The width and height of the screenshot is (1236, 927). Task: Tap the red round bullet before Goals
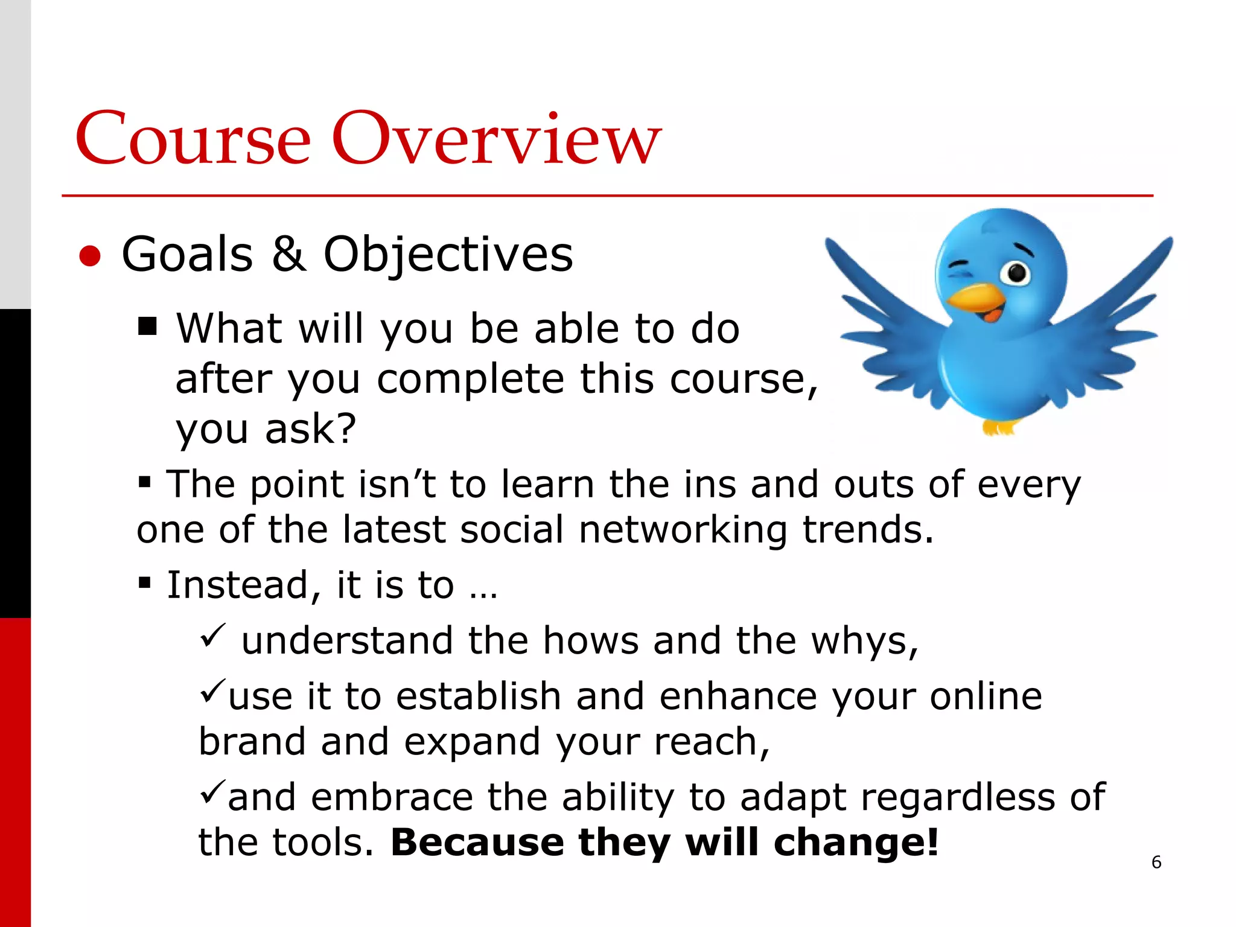(90, 256)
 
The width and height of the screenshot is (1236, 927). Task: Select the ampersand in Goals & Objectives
(288, 254)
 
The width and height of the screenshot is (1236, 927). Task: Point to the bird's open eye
(1017, 273)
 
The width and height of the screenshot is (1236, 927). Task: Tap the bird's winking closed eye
(959, 266)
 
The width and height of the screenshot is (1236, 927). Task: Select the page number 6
(1156, 862)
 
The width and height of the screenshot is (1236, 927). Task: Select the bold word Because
(477, 843)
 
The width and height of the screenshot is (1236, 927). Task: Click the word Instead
(238, 585)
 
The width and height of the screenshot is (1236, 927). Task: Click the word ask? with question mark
(310, 429)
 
